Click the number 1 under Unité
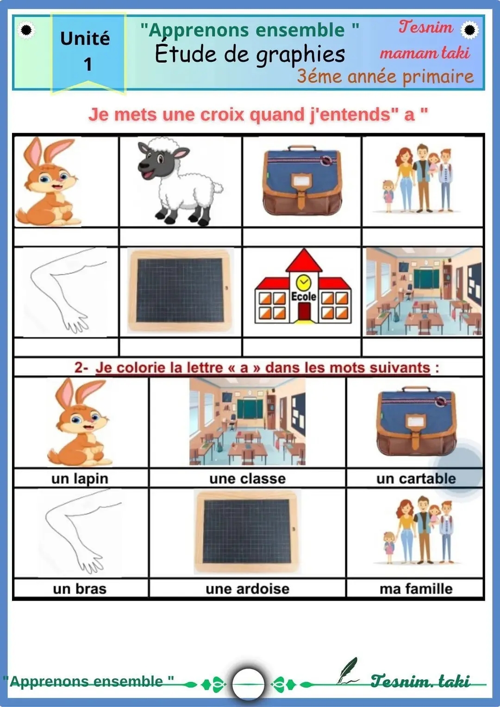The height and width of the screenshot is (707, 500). coord(88,64)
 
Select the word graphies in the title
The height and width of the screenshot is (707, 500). coord(300,55)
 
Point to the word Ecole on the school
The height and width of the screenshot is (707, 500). coord(304,297)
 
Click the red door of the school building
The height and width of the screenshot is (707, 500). coord(305,312)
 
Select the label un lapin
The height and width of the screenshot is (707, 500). coord(80,479)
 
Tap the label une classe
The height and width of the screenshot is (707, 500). coord(248,478)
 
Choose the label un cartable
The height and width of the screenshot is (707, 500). coord(416,478)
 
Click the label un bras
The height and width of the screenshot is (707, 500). coord(80,589)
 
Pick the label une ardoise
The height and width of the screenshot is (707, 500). coord(248,589)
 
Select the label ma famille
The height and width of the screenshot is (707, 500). coord(416,589)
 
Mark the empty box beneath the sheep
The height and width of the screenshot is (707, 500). coord(181,237)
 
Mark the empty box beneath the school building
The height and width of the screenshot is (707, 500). coord(302,347)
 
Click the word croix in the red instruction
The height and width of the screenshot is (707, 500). coord(222,115)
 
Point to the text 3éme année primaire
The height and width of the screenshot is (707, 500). coord(385,77)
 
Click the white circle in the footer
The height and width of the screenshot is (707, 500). coord(248,683)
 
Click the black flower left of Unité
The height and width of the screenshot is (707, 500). coord(26,30)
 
